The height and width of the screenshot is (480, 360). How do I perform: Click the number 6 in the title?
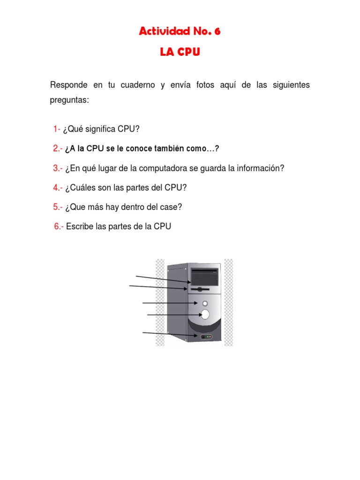[x=217, y=32]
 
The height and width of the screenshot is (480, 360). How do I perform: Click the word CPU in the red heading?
[x=187, y=52]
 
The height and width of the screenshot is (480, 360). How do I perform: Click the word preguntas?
[x=69, y=100]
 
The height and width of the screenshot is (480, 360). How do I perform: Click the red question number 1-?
[x=57, y=129]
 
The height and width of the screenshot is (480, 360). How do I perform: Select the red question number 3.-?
[x=58, y=168]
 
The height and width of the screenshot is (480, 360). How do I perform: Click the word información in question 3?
[x=261, y=168]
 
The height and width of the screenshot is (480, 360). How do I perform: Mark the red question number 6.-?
[x=59, y=226]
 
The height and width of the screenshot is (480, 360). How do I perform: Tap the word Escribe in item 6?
[x=80, y=226]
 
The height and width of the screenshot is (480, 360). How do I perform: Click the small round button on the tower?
[x=204, y=304]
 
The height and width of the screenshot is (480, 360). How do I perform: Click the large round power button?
[x=205, y=315]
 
